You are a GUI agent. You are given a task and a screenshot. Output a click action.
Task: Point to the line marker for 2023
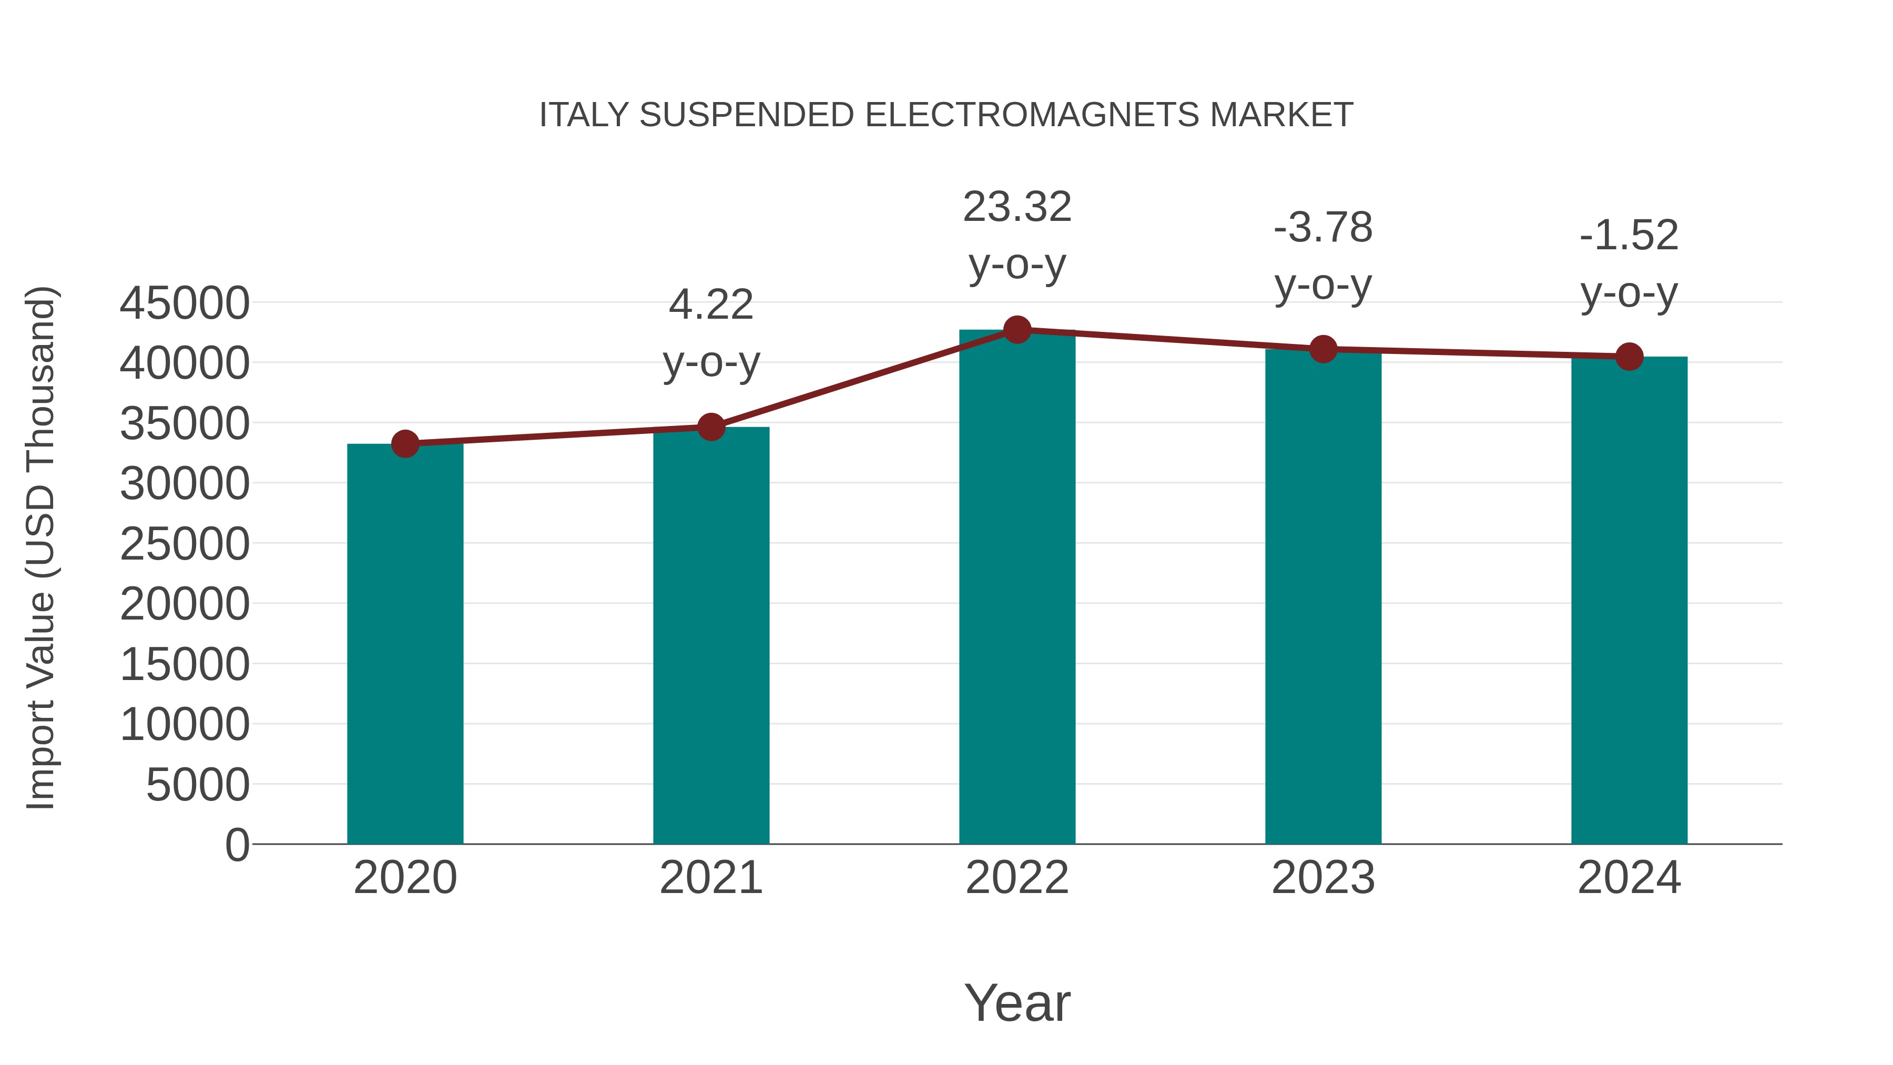pos(1323,349)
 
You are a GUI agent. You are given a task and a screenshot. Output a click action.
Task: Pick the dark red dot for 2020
pos(405,444)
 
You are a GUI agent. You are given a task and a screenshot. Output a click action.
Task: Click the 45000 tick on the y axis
pos(185,303)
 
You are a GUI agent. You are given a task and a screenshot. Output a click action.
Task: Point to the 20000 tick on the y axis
pos(185,604)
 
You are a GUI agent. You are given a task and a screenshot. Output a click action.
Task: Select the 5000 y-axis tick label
pos(198,785)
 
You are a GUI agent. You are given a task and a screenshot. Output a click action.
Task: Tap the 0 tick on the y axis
pos(237,845)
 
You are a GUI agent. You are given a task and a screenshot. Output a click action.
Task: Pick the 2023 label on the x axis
pos(1323,878)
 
